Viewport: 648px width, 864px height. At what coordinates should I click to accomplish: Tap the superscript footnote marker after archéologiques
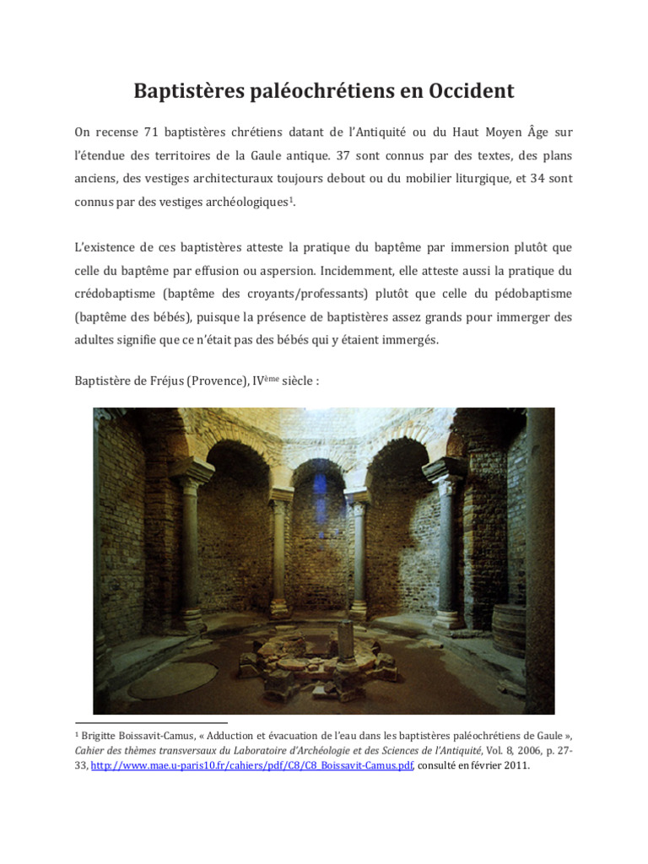[292, 199]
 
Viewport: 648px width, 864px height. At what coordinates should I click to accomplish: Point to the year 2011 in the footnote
[516, 766]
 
